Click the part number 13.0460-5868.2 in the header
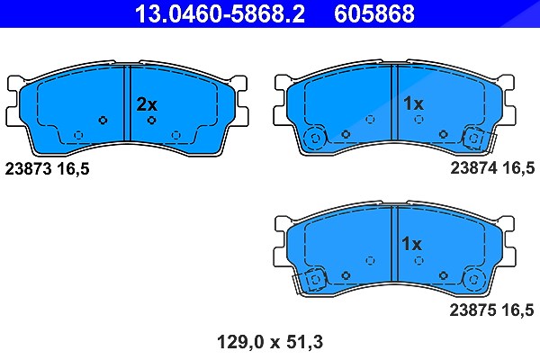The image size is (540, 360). (x=220, y=13)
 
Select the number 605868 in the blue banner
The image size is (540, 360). (x=374, y=13)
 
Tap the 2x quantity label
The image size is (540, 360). (x=147, y=104)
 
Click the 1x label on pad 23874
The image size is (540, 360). (x=413, y=103)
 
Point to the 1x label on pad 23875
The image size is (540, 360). (x=412, y=244)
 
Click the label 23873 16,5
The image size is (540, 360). (x=47, y=169)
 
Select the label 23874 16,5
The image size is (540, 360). (x=492, y=168)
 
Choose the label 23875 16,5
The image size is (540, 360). (x=491, y=310)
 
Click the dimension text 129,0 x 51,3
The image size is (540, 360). (x=270, y=342)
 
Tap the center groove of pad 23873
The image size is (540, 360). (x=128, y=103)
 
